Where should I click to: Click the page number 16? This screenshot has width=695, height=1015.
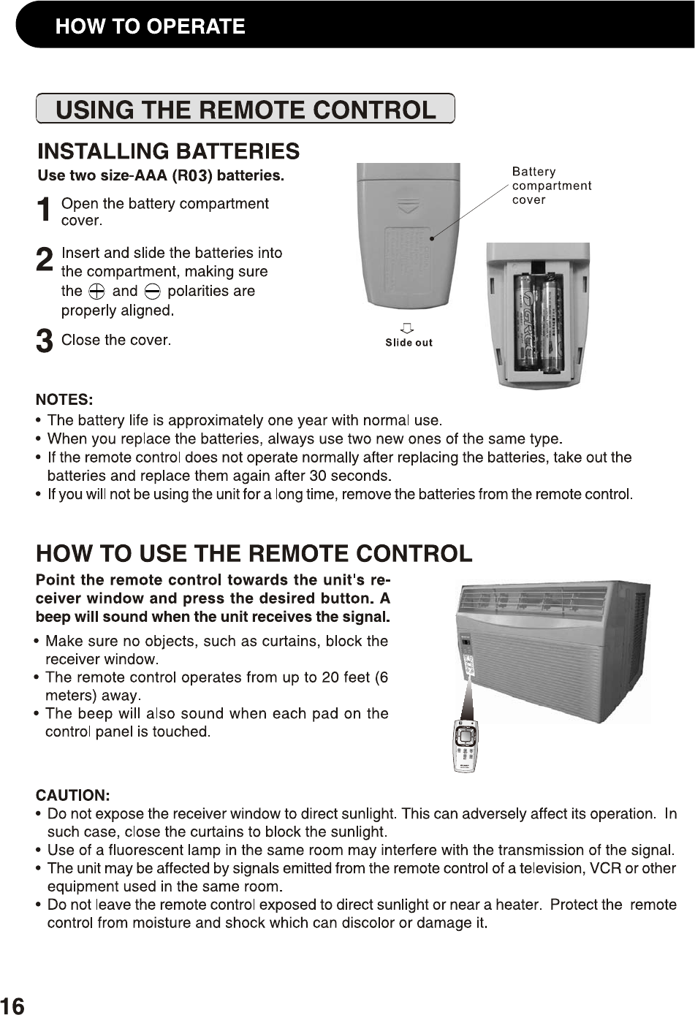[12, 1006]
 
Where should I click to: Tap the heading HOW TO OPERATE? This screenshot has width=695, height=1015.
[150, 27]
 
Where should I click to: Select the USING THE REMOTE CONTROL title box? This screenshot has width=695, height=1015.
[246, 110]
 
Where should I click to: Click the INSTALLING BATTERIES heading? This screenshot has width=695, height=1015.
[168, 151]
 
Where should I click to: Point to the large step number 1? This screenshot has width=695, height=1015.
[45, 210]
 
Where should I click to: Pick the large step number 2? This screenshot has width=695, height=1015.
[45, 260]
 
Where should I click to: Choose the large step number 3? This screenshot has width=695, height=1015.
[45, 341]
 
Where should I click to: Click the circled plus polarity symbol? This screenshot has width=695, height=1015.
[96, 292]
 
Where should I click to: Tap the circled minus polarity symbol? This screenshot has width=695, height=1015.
[152, 292]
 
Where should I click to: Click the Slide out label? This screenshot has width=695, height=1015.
[409, 343]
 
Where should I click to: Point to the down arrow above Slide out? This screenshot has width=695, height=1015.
[408, 327]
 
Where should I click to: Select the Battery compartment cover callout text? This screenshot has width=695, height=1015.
[551, 186]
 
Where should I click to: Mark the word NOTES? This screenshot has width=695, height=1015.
[64, 400]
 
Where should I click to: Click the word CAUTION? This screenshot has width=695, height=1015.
[73, 795]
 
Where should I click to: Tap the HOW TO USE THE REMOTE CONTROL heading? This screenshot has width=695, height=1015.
[254, 554]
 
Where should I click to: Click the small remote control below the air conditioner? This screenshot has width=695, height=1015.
[466, 747]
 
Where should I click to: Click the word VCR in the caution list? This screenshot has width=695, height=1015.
[606, 869]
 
